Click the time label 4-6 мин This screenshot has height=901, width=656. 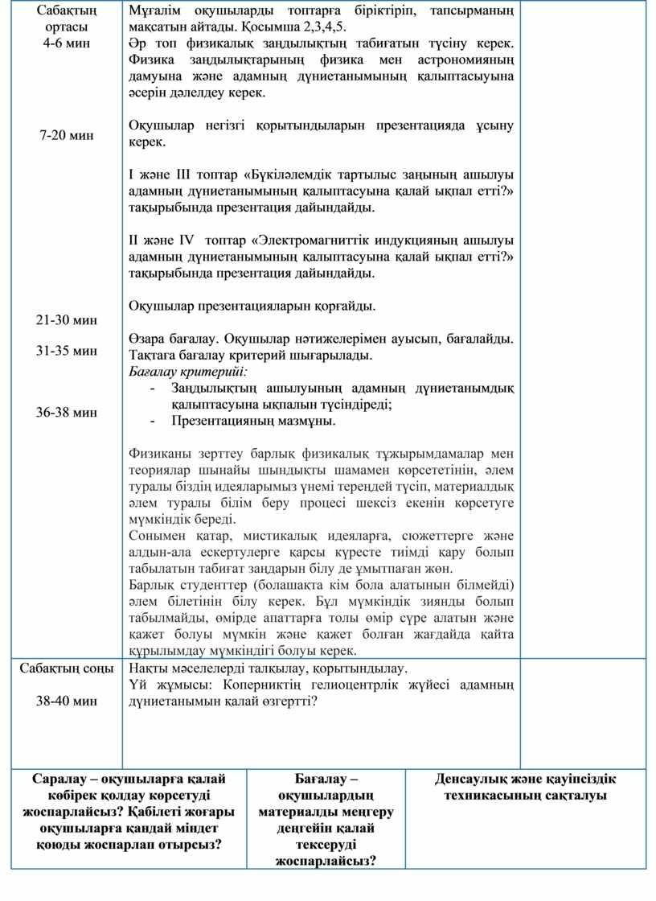(x=67, y=43)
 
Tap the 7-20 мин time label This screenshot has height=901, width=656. (x=67, y=135)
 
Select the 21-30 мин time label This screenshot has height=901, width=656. (x=67, y=320)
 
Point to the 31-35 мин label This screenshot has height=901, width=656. (x=67, y=351)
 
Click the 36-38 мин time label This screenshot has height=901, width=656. (x=67, y=413)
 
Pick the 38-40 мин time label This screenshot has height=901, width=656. (x=67, y=701)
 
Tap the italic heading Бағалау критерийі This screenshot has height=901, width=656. (x=188, y=372)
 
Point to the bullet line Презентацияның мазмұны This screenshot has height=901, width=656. (x=253, y=421)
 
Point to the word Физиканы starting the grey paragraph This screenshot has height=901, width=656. (x=158, y=453)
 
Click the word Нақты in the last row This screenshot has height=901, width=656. (x=147, y=669)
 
